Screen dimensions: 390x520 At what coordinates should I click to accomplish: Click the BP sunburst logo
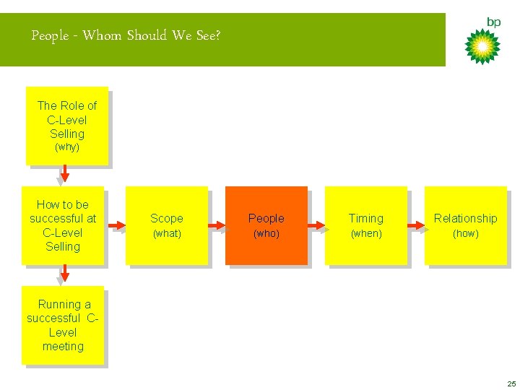coord(482,45)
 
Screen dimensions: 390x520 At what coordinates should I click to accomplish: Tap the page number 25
coord(511,383)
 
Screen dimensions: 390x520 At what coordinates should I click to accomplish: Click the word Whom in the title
coord(103,35)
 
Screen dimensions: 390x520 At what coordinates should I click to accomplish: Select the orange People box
coord(266,225)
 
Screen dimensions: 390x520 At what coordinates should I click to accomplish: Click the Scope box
coord(167,225)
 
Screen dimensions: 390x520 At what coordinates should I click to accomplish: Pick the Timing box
coord(366,225)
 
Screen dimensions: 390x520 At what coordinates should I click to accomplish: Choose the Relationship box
coord(465,225)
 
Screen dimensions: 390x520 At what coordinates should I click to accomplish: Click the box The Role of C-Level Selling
coord(66,126)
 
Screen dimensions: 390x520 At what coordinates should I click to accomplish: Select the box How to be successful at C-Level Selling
coord(63,225)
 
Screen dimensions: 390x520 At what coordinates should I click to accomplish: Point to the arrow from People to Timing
coord(316,226)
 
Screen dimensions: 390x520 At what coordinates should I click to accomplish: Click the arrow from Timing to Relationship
coord(415,226)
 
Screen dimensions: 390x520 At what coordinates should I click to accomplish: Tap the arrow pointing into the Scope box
coord(116,226)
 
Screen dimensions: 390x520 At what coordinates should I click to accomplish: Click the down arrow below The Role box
coord(64,174)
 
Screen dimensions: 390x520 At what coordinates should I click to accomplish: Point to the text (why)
coord(67,147)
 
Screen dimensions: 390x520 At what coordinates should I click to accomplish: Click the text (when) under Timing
coord(366,234)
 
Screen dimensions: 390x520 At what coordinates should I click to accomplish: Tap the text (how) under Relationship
coord(465,234)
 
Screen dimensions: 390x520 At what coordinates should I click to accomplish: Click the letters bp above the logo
coord(493,22)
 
